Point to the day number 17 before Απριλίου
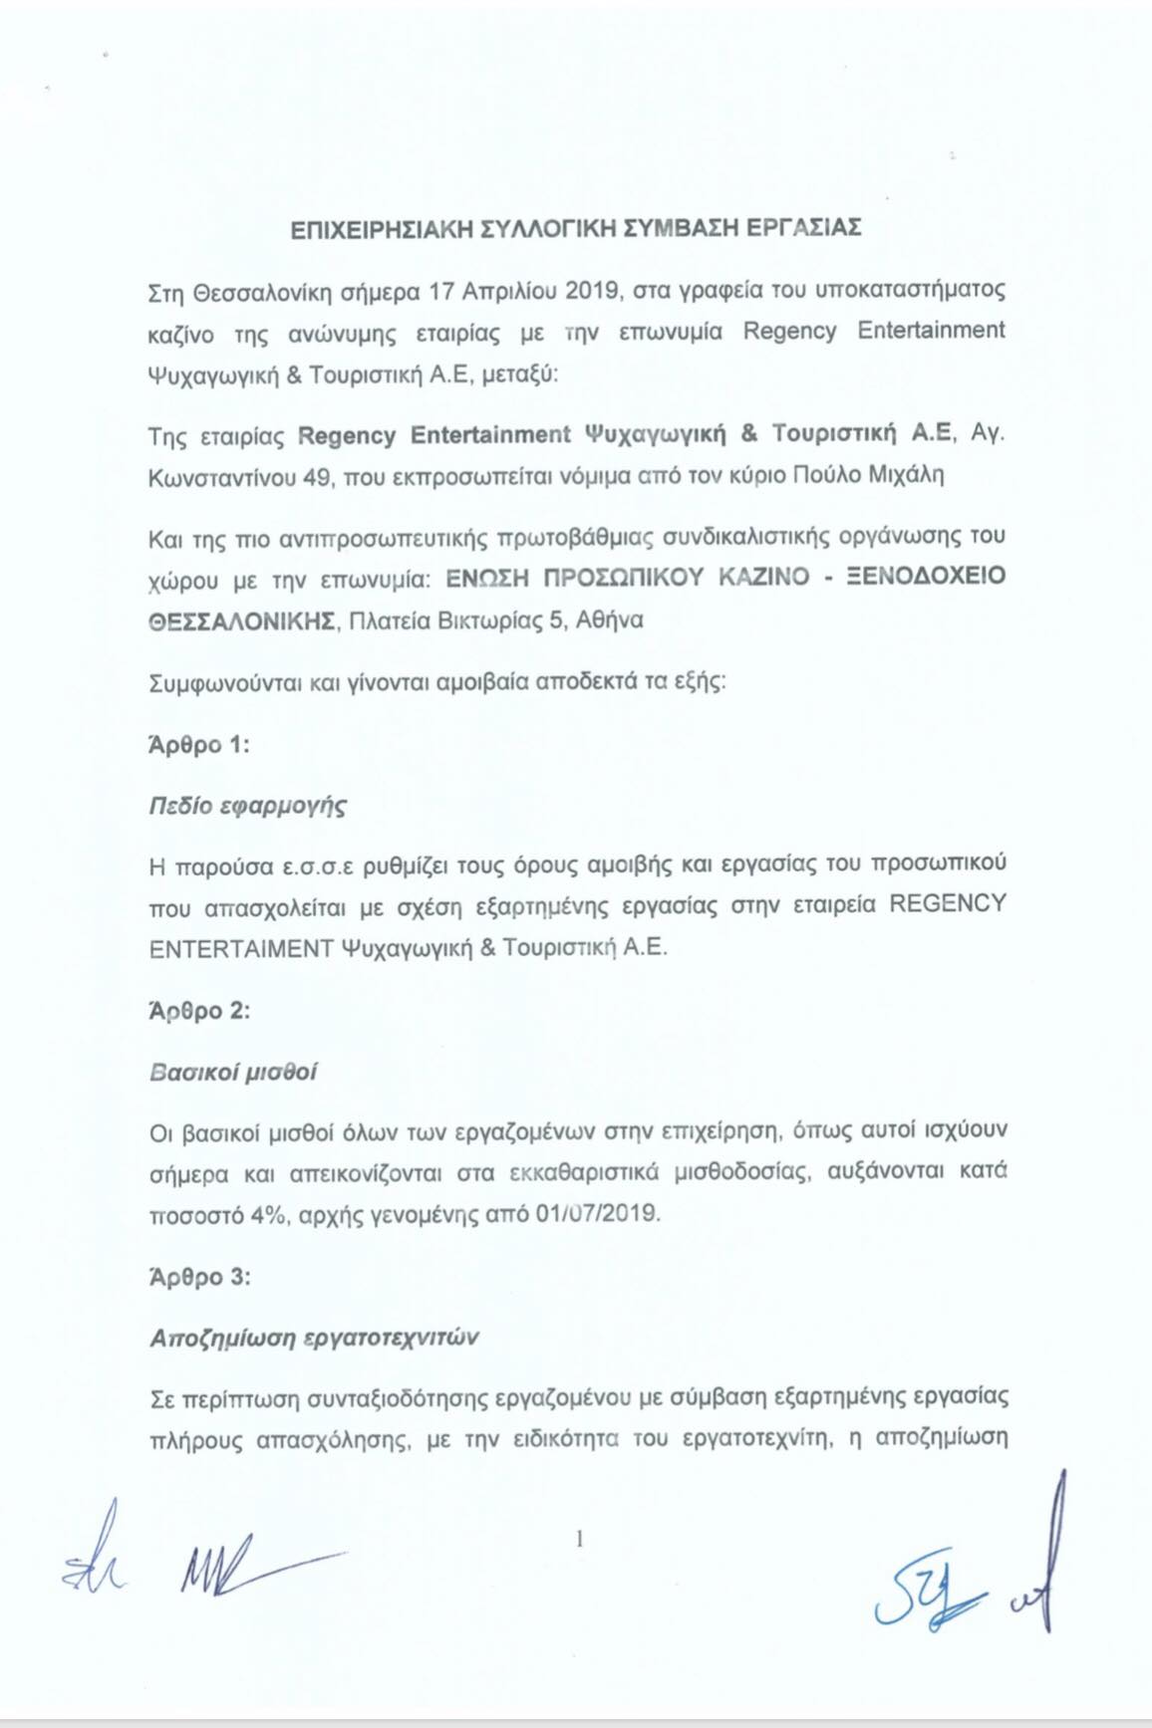pos(441,291)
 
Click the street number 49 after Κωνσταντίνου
pos(316,477)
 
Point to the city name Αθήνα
pos(610,620)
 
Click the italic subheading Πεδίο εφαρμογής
pos(247,806)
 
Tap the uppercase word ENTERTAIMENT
pos(241,948)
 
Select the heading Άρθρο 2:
pos(198,1011)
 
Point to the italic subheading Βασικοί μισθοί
pos(233,1073)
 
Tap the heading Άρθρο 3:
pos(199,1277)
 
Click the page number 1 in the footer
pos(579,1540)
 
